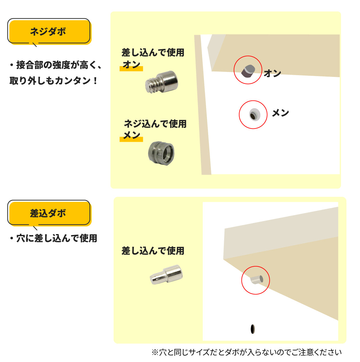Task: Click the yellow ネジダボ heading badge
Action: click(49, 32)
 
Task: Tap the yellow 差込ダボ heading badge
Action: click(49, 213)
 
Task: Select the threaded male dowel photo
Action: click(162, 82)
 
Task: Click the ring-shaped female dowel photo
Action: click(161, 153)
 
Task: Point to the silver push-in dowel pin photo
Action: click(166, 275)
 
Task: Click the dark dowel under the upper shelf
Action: click(248, 71)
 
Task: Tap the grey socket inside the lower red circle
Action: click(254, 114)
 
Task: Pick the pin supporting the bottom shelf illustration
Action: click(257, 280)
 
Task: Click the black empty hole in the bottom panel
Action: click(253, 329)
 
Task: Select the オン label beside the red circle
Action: click(272, 73)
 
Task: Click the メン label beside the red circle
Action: click(280, 113)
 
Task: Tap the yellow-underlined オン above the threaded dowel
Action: click(132, 65)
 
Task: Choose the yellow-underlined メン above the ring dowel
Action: click(132, 135)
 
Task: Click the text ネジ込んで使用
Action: click(155, 124)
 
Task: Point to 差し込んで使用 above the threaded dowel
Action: click(153, 52)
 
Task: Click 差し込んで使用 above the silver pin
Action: click(153, 251)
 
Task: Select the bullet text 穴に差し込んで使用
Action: click(53, 238)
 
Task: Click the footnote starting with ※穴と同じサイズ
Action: click(246, 352)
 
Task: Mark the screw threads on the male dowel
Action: click(152, 85)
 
